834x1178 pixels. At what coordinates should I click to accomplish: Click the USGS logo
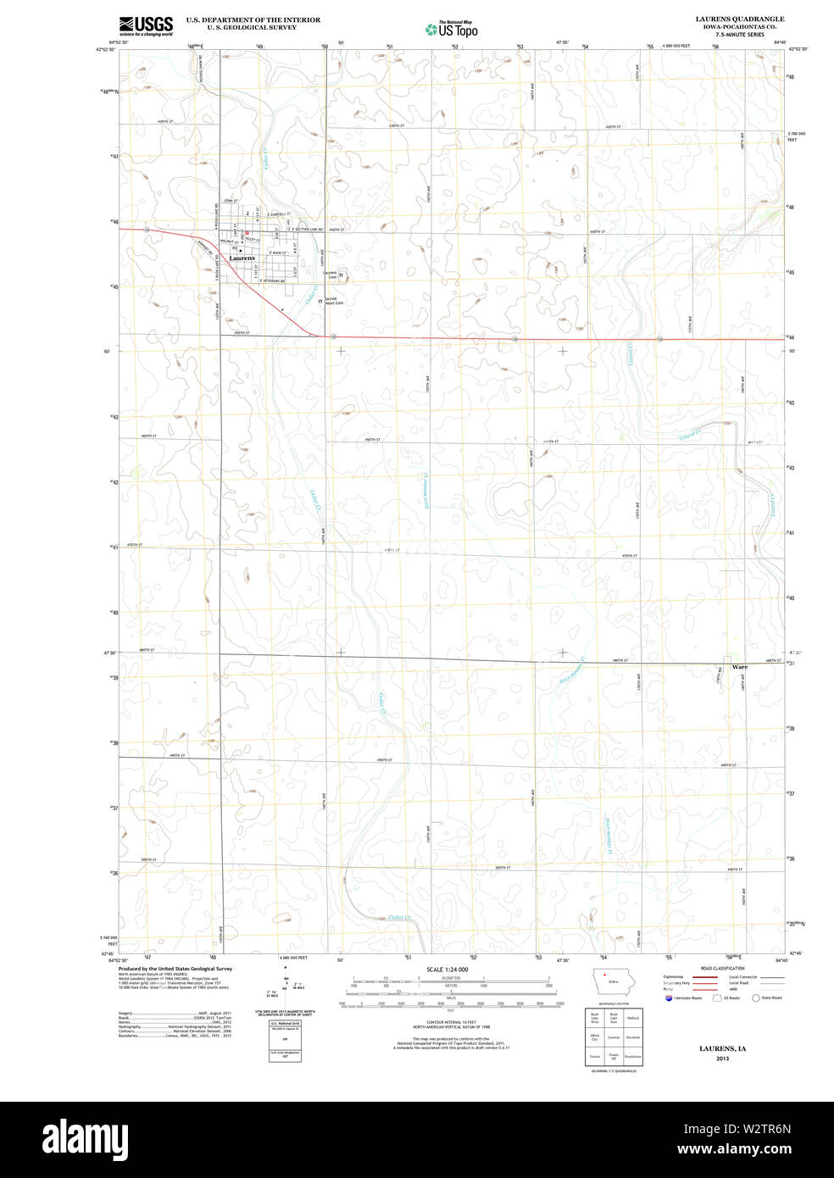(146, 25)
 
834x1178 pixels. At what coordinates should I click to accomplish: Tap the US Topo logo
(453, 29)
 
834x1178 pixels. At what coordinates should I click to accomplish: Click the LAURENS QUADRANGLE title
(739, 19)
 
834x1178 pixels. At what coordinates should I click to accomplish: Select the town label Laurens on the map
(242, 258)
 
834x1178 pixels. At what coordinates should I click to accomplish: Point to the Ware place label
(740, 667)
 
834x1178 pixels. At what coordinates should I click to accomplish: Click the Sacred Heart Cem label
(334, 301)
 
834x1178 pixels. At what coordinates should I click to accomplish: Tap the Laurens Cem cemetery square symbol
(342, 275)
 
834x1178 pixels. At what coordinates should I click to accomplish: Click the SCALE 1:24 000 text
(447, 969)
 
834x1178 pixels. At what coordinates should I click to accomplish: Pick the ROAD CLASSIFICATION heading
(722, 968)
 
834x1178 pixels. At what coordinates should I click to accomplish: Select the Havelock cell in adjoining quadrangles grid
(632, 1037)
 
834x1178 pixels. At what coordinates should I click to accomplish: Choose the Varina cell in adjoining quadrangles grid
(595, 1057)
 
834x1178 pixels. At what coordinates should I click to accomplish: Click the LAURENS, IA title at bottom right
(722, 1048)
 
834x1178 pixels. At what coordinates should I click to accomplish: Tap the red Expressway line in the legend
(704, 977)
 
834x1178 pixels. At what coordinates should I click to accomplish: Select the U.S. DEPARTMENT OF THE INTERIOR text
(253, 19)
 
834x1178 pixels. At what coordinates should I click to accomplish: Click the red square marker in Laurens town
(247, 233)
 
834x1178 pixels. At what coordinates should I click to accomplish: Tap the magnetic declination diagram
(286, 986)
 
